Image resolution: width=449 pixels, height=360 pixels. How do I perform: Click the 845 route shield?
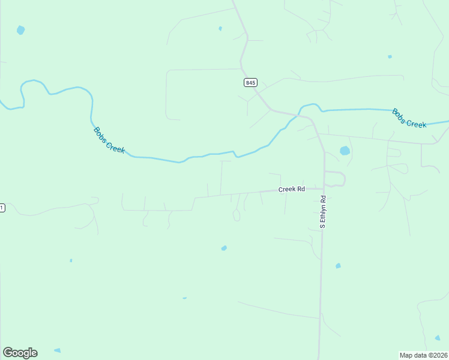pyautogui.click(x=250, y=82)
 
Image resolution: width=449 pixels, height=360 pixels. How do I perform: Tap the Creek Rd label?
pyautogui.click(x=292, y=189)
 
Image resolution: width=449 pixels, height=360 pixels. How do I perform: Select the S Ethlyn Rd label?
pyautogui.click(x=322, y=212)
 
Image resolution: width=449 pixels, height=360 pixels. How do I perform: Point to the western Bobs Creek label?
pyautogui.click(x=109, y=140)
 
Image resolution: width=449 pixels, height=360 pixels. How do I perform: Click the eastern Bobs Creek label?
pyautogui.click(x=409, y=118)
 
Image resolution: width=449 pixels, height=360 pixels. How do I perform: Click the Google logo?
pyautogui.click(x=20, y=353)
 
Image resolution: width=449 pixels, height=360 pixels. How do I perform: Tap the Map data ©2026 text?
pyautogui.click(x=424, y=355)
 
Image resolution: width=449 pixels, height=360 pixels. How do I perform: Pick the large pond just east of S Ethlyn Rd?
pyautogui.click(x=345, y=151)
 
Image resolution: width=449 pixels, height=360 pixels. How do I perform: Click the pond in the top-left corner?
pyautogui.click(x=21, y=29)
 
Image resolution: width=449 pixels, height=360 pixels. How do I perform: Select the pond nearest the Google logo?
pyautogui.click(x=57, y=350)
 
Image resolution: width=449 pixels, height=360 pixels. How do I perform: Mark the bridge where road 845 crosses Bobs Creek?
pyautogui.click(x=298, y=113)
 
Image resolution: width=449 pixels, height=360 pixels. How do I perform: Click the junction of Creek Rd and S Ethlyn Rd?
pyautogui.click(x=324, y=188)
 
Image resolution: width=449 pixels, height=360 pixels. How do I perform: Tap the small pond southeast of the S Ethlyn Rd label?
pyautogui.click(x=338, y=265)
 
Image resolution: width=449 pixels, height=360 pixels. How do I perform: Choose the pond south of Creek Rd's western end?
pyautogui.click(x=224, y=248)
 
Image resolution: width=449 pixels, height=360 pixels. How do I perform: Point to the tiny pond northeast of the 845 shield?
pyautogui.click(x=390, y=56)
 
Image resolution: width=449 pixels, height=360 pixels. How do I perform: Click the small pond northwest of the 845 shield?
pyautogui.click(x=220, y=28)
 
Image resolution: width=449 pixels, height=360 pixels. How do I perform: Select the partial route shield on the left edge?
pyautogui.click(x=2, y=208)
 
